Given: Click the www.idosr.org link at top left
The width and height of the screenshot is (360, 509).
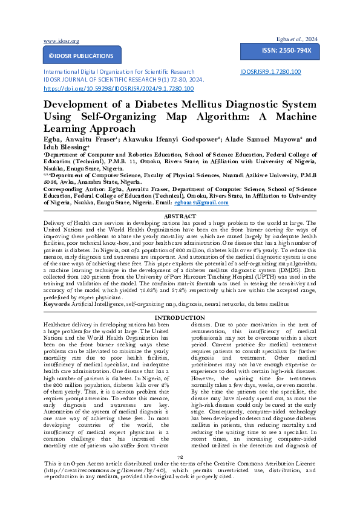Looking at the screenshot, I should point(61,41).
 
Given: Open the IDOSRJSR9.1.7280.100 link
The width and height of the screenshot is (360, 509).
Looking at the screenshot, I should point(270,72).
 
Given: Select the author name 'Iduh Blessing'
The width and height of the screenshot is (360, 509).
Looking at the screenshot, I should point(66,146).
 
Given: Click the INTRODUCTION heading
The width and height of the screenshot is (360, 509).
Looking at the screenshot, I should point(180,318).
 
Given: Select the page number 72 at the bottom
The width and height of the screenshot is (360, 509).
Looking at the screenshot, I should point(180,474).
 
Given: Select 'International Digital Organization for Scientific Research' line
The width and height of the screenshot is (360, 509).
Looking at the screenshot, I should point(119,72).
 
